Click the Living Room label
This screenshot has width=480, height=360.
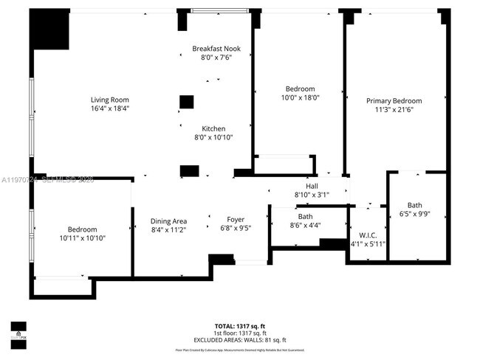110,100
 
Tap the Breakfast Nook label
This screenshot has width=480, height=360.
216,49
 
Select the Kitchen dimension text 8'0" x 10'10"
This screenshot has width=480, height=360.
213,137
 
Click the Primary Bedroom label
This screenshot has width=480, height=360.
394,101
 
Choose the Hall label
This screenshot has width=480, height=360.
312,187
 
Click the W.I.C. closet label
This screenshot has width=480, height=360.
368,235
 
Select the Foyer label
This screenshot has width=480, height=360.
236,220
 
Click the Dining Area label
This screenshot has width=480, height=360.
168,221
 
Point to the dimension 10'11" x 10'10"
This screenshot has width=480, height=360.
82,238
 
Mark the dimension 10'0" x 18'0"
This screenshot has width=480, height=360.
300,97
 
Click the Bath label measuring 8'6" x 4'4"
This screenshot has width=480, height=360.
305,217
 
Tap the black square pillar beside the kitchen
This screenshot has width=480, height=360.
187,102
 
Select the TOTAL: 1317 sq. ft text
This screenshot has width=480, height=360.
240,325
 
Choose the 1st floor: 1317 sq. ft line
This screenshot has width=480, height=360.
240,333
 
